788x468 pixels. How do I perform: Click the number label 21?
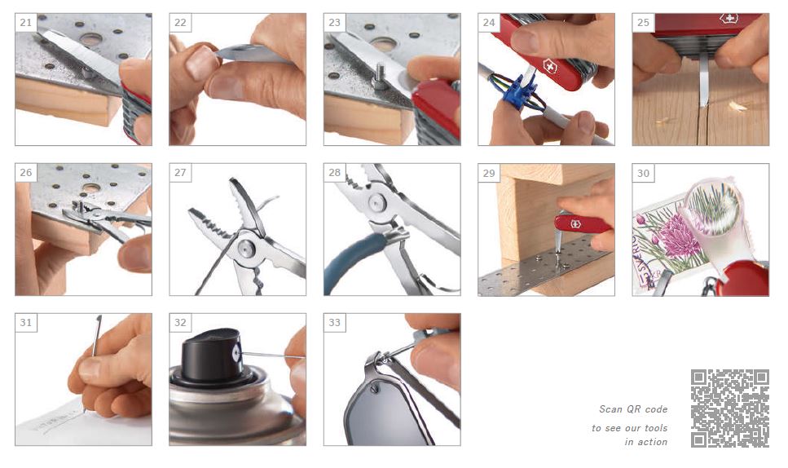coord(25,23)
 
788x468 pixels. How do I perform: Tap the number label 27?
coord(180,172)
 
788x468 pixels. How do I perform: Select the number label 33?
coord(334,322)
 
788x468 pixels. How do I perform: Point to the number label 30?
coord(643,173)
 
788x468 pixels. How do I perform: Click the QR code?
coord(729,408)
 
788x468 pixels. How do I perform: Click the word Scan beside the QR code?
coord(610,409)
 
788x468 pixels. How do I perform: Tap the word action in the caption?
coord(653,442)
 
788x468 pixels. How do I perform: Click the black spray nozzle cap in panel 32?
coord(214,354)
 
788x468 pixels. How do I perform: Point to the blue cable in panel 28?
coord(352,262)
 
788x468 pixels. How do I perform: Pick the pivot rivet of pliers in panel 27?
coord(246,247)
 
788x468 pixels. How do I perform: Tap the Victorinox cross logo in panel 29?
coord(575,223)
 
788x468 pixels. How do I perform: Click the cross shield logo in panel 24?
coord(551,66)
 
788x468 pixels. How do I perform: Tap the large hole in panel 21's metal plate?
coord(91,39)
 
